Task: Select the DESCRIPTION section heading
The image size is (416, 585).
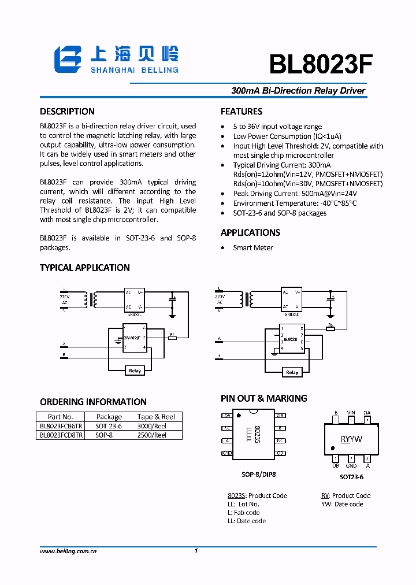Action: pos(67,112)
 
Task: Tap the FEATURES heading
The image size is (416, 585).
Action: pos(242,112)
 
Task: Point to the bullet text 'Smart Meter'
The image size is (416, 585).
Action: pos(253,248)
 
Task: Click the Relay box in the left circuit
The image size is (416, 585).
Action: pos(135,371)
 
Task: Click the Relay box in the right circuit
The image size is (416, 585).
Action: pos(292,372)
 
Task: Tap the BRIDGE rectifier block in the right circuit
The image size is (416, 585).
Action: pos(291,299)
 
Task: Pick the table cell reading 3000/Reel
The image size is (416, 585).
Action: pos(151,426)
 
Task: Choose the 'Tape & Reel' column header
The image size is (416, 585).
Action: pos(156,417)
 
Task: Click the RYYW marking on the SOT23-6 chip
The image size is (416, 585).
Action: pos(351,439)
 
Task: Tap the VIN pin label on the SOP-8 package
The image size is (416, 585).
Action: pos(280,416)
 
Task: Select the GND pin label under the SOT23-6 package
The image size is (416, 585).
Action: pos(351,465)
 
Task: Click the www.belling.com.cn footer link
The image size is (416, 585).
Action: pos(68,551)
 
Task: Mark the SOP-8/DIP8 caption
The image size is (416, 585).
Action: pos(258,475)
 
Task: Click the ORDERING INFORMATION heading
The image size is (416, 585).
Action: pos(93,402)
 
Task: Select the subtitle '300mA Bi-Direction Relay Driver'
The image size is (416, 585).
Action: pos(298,91)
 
